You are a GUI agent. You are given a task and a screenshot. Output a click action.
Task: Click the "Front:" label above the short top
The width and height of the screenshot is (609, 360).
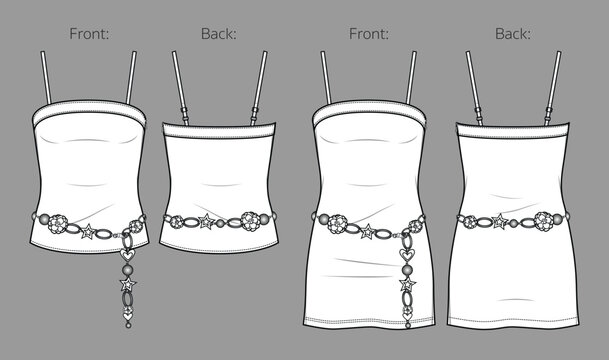(x=89, y=34)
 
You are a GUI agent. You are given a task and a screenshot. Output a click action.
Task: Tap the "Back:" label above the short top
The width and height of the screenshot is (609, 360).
(x=219, y=34)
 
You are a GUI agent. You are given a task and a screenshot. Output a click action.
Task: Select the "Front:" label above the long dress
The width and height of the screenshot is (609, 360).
(x=369, y=34)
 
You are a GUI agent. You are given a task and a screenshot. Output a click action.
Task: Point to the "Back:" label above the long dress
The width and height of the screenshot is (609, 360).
(x=513, y=34)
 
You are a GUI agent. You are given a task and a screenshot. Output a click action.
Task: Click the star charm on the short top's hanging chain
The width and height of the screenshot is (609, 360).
(x=128, y=285)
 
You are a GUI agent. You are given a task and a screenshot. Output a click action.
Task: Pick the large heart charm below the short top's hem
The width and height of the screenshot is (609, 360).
(x=127, y=255)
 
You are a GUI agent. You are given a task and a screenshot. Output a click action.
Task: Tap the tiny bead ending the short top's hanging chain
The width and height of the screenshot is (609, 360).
(x=128, y=325)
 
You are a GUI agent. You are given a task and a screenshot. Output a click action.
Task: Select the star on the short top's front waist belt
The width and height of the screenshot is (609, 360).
(x=88, y=232)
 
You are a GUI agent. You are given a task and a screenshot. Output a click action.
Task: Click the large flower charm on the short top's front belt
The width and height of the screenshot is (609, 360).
(x=57, y=224)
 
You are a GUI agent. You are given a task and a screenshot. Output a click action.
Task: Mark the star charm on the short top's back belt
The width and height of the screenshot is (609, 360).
(x=206, y=222)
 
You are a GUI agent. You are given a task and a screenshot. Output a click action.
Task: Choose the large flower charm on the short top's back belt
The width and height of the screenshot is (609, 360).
(x=251, y=221)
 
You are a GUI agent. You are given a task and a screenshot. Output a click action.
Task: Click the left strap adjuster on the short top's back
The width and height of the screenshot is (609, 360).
(x=184, y=113)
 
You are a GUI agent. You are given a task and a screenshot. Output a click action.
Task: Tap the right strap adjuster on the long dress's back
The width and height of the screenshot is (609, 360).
(x=548, y=113)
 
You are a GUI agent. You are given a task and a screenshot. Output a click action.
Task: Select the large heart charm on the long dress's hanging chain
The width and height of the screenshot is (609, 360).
(x=407, y=255)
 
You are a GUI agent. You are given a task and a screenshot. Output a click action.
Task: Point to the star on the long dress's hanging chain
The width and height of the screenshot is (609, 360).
(x=407, y=284)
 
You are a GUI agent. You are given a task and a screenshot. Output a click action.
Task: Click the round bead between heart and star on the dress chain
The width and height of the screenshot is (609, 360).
(x=407, y=270)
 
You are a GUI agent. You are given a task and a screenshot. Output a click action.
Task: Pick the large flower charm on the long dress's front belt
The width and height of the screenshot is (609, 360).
(x=337, y=224)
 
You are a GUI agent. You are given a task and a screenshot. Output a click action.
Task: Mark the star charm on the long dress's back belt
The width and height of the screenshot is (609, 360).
(x=499, y=222)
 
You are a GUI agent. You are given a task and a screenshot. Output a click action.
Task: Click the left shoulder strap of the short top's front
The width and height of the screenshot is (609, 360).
(x=46, y=77)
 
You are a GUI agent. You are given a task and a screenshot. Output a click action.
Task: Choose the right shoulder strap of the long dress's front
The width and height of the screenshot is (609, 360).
(x=411, y=77)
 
